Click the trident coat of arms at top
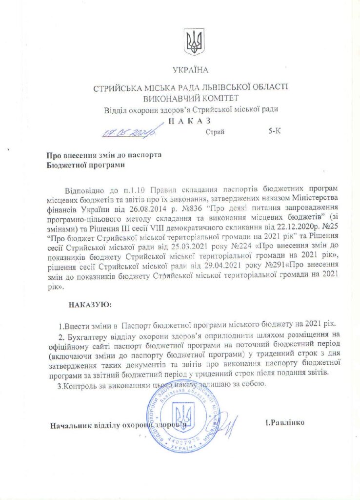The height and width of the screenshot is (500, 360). pos(194,42)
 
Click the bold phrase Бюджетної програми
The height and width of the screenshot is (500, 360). pos(85,165)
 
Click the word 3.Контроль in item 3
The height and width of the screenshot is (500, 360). pos(77,384)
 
